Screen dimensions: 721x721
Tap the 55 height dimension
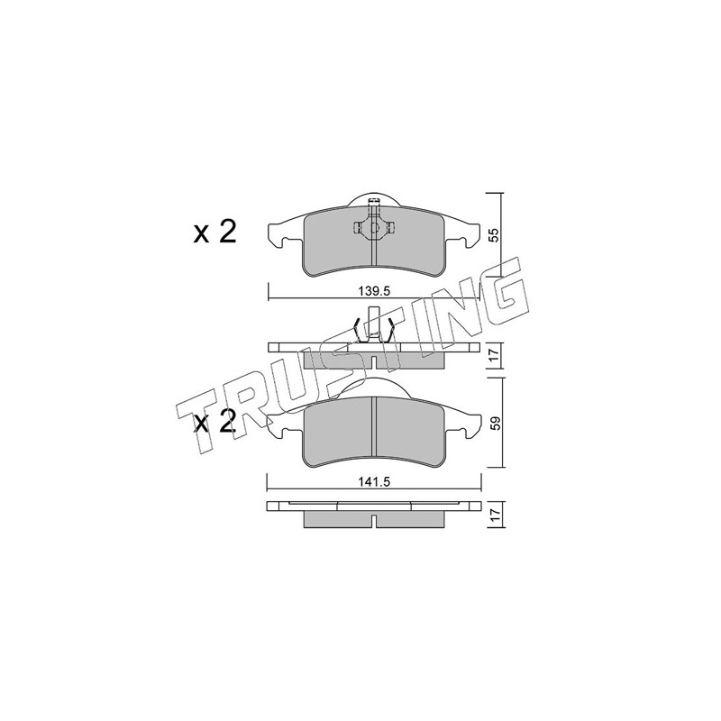click(493, 235)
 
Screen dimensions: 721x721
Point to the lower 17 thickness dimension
click(495, 514)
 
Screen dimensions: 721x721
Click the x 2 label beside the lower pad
click(214, 422)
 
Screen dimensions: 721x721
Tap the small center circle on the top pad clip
click(374, 227)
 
